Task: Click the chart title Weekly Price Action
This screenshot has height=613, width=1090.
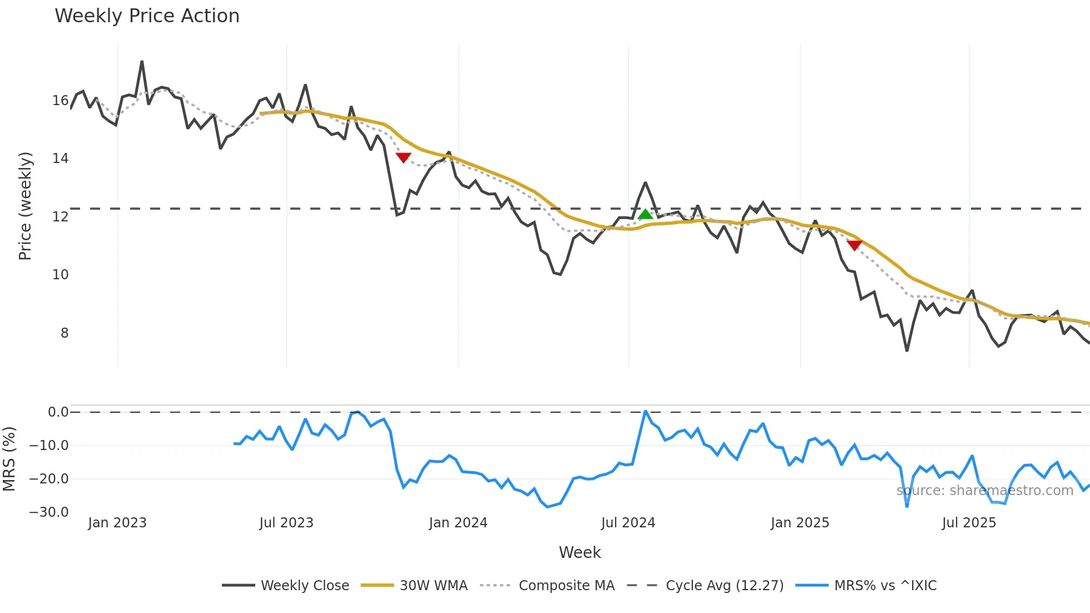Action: (x=147, y=16)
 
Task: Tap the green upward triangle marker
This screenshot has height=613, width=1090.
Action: (x=645, y=215)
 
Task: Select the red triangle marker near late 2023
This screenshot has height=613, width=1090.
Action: (x=403, y=157)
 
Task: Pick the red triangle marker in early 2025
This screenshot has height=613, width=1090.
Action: (x=854, y=245)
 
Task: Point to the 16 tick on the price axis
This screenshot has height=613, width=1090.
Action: (x=60, y=101)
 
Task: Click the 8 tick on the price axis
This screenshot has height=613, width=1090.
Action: (x=65, y=333)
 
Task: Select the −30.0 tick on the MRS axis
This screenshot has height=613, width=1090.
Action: (x=49, y=512)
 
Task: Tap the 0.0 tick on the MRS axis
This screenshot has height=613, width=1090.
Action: (x=58, y=412)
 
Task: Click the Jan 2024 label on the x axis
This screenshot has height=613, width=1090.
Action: (x=458, y=523)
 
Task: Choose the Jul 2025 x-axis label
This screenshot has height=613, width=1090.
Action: (x=969, y=523)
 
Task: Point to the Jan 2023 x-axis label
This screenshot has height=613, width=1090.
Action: (x=117, y=523)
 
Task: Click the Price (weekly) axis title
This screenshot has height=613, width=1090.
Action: (x=25, y=206)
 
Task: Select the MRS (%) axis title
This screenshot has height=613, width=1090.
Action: (x=9, y=459)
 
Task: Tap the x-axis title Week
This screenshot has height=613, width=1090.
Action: (x=579, y=552)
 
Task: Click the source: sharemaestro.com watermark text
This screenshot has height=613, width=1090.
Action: (x=984, y=491)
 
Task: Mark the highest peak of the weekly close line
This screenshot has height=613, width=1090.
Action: (x=142, y=62)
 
